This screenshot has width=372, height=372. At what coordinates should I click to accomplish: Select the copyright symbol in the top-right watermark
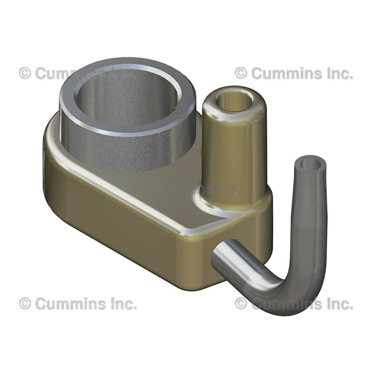point(241,73)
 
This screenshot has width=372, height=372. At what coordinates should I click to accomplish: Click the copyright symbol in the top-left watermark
point(25,73)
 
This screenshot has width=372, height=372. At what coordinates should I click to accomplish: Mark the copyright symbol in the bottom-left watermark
point(25,304)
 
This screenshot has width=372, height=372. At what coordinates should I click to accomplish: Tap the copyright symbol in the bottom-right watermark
point(241,304)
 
